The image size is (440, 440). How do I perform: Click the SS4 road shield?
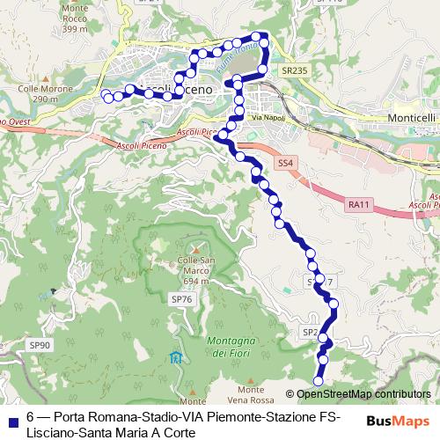(285, 164)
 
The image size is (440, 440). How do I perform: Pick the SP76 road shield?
(181, 300)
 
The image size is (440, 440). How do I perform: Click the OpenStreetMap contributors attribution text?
(363, 394)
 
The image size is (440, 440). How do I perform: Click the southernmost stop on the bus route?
(319, 380)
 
